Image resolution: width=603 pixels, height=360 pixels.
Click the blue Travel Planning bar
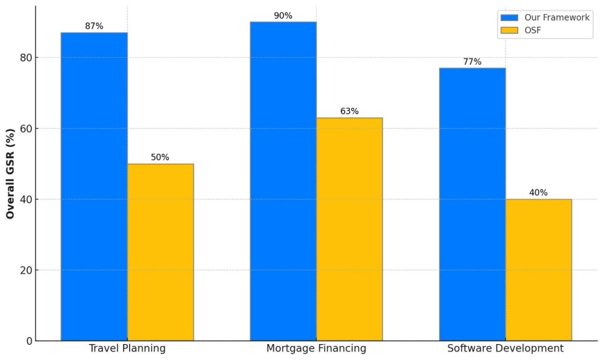click(x=94, y=187)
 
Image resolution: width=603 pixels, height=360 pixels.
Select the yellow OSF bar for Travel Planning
click(x=160, y=252)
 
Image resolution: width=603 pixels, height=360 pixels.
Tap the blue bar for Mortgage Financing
click(x=283, y=181)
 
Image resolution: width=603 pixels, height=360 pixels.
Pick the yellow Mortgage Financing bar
click(x=350, y=229)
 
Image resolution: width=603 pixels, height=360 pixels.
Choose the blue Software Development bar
click(x=473, y=204)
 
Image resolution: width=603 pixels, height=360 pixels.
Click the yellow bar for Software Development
click(x=539, y=270)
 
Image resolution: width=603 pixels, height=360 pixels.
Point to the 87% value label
click(x=94, y=26)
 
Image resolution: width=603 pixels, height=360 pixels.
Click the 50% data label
click(x=160, y=157)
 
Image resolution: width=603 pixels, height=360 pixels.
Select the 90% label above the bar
click(x=283, y=16)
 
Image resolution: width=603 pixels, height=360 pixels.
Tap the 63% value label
click(x=350, y=111)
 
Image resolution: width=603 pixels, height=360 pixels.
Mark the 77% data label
click(x=472, y=61)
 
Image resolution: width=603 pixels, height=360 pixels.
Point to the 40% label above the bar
click(x=538, y=193)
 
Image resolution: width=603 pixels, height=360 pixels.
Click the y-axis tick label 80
click(x=26, y=58)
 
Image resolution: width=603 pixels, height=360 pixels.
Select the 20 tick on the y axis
click(x=26, y=270)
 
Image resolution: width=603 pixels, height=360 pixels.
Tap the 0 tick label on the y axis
click(x=29, y=341)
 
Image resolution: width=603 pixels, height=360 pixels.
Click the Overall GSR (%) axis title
click(x=11, y=174)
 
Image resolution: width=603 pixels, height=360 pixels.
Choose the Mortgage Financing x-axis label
click(x=316, y=348)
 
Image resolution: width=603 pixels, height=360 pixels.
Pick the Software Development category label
click(x=505, y=348)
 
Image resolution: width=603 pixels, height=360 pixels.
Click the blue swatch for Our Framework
click(x=509, y=18)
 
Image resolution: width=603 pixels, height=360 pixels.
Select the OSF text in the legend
click(x=533, y=30)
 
